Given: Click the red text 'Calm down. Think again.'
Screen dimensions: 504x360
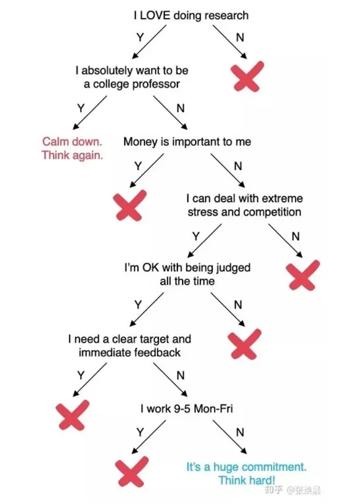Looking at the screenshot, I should [x=72, y=149].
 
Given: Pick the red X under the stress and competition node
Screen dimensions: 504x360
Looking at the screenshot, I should [x=303, y=275].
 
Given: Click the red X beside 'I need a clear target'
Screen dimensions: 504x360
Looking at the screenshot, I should [x=244, y=344].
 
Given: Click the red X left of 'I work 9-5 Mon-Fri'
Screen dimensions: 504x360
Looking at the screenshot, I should [x=73, y=414].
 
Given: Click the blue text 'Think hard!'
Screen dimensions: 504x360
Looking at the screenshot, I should [x=247, y=480].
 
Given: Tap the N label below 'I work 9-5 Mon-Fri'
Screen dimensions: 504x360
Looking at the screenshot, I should [x=240, y=432].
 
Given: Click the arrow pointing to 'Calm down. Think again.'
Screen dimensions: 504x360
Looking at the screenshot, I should [x=89, y=115].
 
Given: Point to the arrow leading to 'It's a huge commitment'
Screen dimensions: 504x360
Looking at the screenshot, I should [x=230, y=438].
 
